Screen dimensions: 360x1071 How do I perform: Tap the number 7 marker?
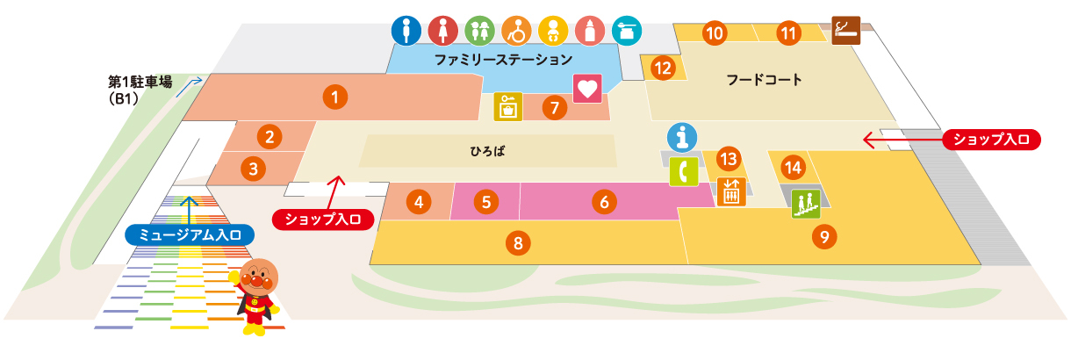[554, 108]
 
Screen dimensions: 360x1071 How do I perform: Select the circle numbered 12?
[663, 67]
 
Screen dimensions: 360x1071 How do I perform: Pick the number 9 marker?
[823, 235]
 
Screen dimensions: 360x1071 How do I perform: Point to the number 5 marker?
[485, 202]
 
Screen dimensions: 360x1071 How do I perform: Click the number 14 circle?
[793, 167]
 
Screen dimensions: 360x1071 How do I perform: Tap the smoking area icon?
[845, 29]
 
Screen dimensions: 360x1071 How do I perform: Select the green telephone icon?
[682, 171]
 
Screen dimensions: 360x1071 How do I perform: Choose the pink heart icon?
[586, 89]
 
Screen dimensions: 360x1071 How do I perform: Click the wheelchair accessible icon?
[516, 32]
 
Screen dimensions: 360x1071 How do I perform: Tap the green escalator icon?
[805, 205]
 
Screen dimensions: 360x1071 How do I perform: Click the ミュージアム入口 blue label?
[190, 234]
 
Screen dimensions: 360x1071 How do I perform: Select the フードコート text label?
[764, 80]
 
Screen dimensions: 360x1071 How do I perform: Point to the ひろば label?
[488, 151]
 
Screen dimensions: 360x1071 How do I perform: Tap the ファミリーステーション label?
[504, 60]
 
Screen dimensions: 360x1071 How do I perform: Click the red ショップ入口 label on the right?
[991, 139]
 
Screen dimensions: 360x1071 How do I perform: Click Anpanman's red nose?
[255, 284]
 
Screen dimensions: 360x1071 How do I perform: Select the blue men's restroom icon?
[406, 32]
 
